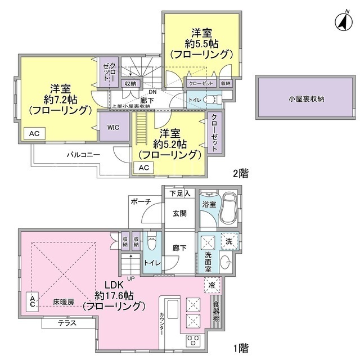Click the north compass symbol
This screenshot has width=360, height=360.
[x=344, y=22]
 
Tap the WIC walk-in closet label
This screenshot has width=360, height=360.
[x=114, y=127]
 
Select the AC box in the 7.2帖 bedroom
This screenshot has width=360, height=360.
[x=34, y=133]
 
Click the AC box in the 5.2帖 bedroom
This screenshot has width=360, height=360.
[x=144, y=168]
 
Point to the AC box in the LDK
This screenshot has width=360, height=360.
[x=33, y=301]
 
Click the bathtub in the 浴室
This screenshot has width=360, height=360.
[x=228, y=209]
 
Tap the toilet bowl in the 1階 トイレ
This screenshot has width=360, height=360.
[x=151, y=241]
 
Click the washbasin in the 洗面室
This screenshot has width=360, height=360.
[x=226, y=262]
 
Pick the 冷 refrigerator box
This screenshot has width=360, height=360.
[x=212, y=285]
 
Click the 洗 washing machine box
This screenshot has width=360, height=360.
[x=229, y=241]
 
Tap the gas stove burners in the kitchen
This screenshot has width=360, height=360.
[x=193, y=341]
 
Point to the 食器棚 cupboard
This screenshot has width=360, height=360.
[x=216, y=312]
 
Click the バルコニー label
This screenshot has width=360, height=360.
[x=83, y=155]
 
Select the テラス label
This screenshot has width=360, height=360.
[x=67, y=323]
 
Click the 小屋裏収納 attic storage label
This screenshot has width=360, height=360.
[x=306, y=99]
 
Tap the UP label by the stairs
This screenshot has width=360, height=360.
[x=131, y=279]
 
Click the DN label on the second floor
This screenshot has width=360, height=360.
[x=152, y=92]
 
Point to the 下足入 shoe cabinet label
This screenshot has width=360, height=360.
[x=180, y=193]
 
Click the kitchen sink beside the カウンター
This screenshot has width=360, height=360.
[x=173, y=309]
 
